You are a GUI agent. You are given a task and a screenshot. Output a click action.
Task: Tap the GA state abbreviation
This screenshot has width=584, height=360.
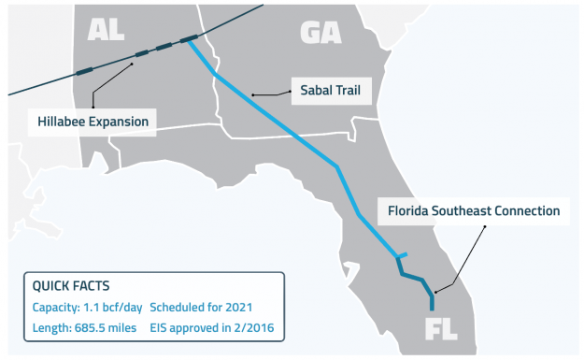[320, 32]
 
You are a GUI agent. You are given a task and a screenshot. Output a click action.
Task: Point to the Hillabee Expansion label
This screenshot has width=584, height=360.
[93, 122]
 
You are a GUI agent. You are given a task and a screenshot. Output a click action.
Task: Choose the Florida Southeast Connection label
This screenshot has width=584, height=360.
[474, 211]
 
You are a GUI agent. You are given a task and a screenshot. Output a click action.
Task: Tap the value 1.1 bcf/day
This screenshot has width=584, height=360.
[117, 307]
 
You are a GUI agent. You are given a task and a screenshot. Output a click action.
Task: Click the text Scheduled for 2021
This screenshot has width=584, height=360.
[202, 307]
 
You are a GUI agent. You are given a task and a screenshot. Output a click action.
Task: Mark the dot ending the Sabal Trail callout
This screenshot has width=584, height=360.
[254, 94]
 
